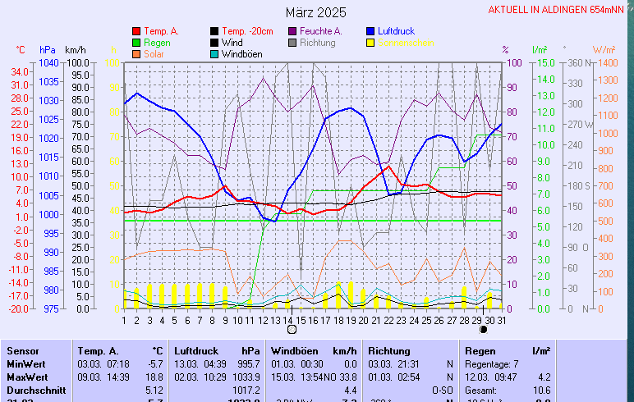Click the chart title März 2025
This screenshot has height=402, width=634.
point(316,13)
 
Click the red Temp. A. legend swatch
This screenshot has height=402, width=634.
point(136,31)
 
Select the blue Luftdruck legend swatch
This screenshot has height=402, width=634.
point(371,31)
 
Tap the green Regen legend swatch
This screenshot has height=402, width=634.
point(136,43)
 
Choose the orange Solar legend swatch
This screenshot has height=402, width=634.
point(136,54)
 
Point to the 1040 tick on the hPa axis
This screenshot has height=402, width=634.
point(48,63)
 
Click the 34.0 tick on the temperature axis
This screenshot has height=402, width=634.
point(20,71)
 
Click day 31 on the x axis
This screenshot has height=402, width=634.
point(501,319)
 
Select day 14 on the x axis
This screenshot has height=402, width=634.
point(288,319)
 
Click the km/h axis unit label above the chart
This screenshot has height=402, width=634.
point(76,50)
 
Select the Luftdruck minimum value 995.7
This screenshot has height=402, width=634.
point(248,363)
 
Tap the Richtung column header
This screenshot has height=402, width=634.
point(388,350)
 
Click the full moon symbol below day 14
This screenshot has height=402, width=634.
point(291,329)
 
